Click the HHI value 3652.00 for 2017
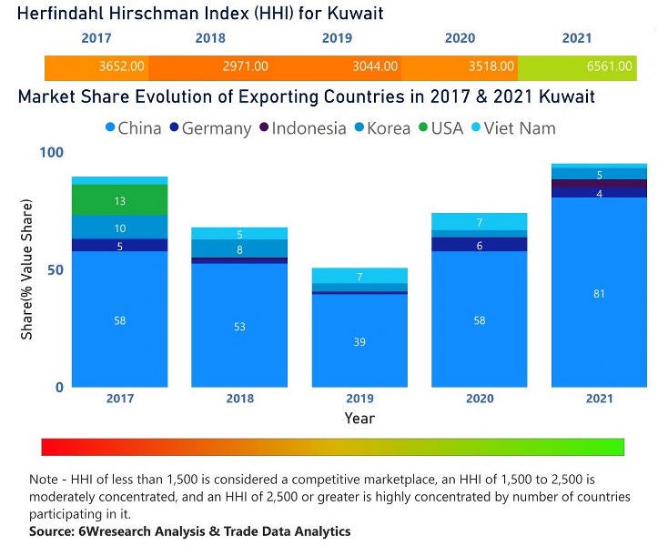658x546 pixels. [120, 66]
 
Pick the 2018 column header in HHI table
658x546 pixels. [210, 38]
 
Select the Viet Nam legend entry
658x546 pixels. [515, 128]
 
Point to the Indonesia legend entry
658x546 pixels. [306, 128]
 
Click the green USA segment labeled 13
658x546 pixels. [120, 200]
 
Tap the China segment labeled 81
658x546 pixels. [599, 293]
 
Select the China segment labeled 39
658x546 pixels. [359, 341]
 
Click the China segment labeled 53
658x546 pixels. [239, 326]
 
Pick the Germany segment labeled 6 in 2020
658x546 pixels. [480, 245]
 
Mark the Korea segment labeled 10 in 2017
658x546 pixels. [120, 227]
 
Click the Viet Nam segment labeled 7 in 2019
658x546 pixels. [359, 276]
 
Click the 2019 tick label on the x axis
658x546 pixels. [359, 399]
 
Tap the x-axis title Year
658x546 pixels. [359, 419]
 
